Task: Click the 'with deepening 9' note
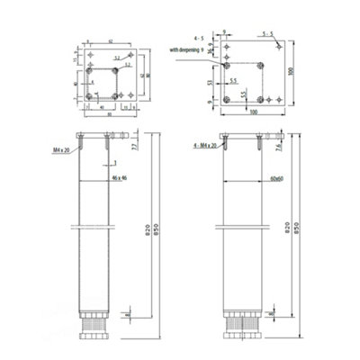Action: tap(191, 50)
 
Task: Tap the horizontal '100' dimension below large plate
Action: tap(253, 112)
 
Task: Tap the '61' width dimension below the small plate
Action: tap(111, 115)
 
